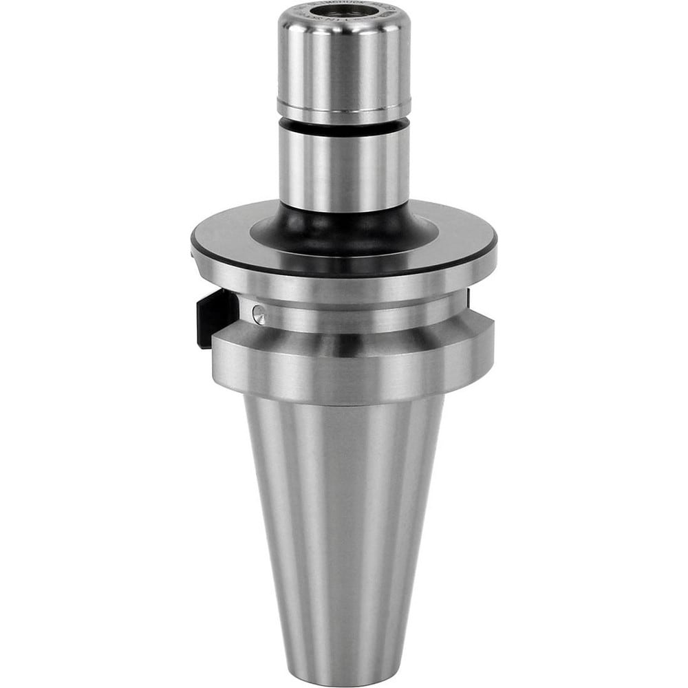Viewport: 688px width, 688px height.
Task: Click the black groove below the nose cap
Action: (344, 125)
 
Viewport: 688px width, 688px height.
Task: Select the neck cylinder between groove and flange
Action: (344, 165)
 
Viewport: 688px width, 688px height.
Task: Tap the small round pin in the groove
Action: (258, 314)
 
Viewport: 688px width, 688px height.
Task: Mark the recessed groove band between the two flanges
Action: (358, 316)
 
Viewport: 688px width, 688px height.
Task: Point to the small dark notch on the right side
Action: (469, 297)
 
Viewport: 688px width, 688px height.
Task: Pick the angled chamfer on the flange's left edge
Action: (197, 258)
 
